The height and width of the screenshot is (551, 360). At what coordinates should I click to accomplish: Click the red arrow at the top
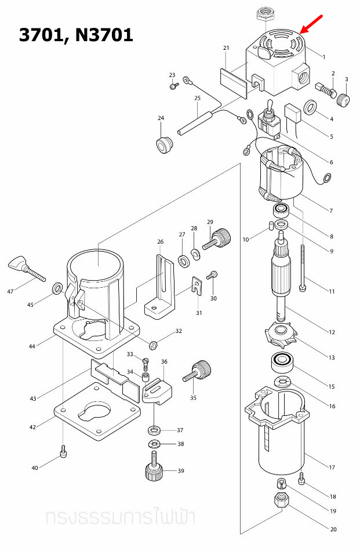pos(311,24)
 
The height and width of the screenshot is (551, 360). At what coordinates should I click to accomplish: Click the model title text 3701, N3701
pos(76,35)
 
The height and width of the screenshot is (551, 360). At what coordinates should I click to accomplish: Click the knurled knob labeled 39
pos(155,469)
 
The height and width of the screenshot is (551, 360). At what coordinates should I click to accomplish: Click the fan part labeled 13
pos(282,335)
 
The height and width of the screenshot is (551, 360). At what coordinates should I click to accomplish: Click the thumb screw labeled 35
pos(198,371)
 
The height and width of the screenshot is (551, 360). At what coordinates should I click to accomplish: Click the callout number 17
pos(332,467)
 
